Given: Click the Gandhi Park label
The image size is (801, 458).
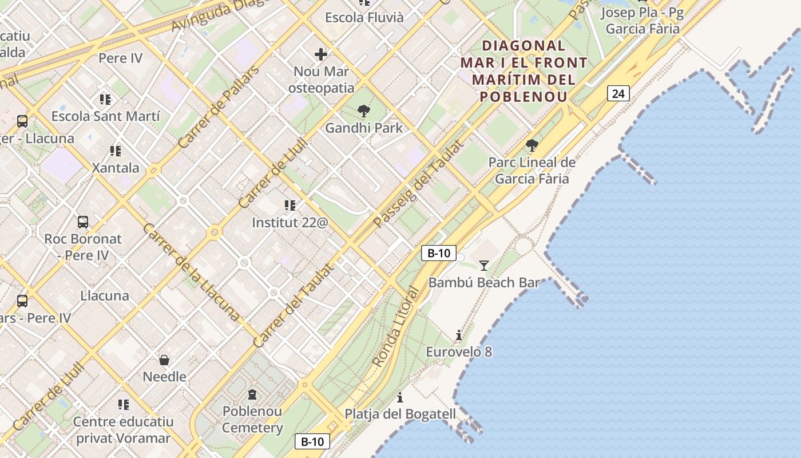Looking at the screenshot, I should point(364,128).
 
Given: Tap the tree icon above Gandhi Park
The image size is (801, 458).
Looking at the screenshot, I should point(363,111).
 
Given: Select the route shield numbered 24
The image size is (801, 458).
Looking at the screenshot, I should point(618,93).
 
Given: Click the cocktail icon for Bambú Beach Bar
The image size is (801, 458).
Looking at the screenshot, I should point(484,265).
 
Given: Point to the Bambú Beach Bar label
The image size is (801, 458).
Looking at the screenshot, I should point(484,283).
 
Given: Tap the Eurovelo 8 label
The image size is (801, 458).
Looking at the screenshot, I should point(459,352).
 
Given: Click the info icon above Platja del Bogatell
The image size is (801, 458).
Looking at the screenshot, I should point(400,397).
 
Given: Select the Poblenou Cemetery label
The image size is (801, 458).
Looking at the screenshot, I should point(252,420).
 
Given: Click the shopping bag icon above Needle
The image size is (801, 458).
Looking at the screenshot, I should point(164,360).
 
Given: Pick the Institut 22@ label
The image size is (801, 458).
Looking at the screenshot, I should point(290,223).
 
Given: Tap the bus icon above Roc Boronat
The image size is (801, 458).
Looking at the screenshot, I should point(83,222).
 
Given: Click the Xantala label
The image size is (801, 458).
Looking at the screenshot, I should point(116,168).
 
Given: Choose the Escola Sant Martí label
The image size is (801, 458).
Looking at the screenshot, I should point(105,116).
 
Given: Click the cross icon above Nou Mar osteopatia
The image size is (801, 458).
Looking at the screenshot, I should point(321,54).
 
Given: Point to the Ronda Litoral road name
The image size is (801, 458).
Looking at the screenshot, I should point(395,327).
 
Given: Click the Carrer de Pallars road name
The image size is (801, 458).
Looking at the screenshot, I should point(219,108).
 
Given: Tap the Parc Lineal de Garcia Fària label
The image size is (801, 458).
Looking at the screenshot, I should point(532,171).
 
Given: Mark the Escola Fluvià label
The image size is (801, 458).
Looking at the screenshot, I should point(364,18).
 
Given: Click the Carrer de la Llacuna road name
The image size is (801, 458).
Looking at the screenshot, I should point(191,272).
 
